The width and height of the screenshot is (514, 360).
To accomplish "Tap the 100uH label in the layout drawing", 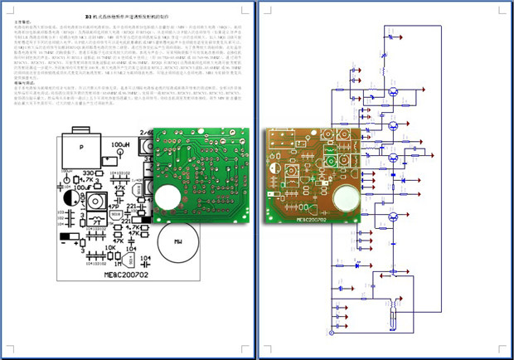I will point(119,145).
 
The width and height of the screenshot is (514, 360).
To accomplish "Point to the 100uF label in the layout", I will point(84,188).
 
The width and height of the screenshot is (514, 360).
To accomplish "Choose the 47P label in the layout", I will point(120,187).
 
